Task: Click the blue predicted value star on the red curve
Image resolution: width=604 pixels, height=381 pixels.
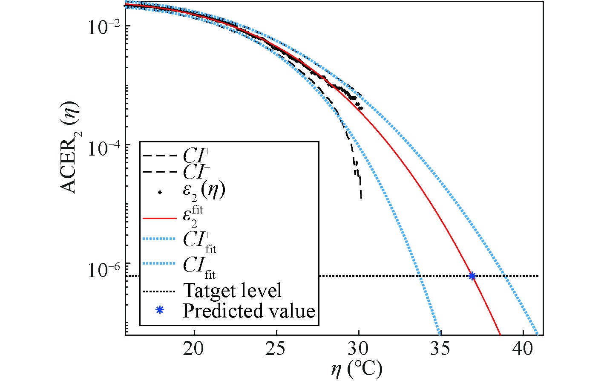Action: point(472,276)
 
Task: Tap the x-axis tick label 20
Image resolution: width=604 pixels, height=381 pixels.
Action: point(195,349)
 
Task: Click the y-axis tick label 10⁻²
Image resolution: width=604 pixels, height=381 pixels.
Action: point(103,27)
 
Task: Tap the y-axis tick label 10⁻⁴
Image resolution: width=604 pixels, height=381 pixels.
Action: point(103,147)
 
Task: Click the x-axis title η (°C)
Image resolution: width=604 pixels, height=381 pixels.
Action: point(357,369)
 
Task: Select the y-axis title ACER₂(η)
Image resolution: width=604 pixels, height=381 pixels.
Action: point(69,147)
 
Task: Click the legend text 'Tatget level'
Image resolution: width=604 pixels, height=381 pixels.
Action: point(232,291)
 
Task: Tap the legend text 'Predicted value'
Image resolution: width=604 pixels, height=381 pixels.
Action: point(249,311)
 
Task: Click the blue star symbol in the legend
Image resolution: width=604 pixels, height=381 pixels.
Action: point(159,310)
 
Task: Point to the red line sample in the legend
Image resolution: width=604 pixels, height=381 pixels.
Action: point(159,218)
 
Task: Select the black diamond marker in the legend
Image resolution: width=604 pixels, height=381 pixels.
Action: point(159,193)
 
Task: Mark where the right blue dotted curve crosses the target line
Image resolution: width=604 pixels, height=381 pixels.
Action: point(506,276)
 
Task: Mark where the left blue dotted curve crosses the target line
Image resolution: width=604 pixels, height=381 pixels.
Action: point(420,276)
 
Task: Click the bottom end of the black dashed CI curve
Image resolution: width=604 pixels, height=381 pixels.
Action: point(361,197)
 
